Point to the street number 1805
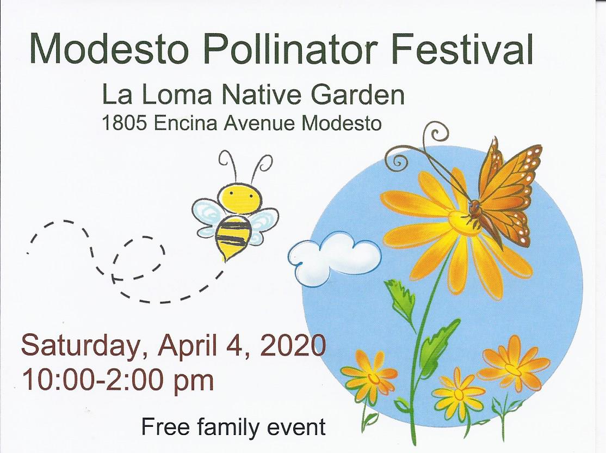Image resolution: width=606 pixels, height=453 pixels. (x=123, y=124)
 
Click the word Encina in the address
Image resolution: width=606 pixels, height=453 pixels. (x=185, y=124)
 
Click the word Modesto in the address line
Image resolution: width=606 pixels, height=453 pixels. (x=342, y=124)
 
